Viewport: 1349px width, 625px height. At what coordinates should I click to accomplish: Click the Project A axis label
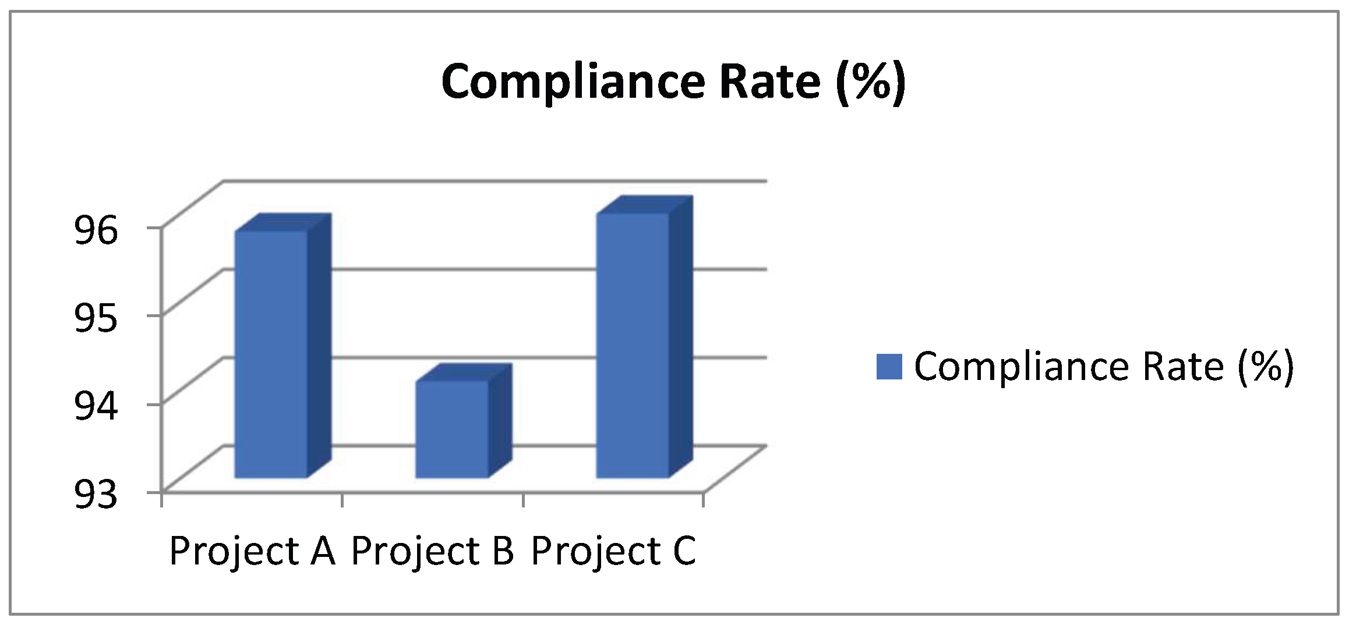(252, 551)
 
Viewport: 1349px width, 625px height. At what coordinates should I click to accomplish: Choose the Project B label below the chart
(433, 551)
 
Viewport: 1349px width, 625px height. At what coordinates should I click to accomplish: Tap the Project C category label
(613, 551)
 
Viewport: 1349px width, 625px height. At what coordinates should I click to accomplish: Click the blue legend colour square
(889, 367)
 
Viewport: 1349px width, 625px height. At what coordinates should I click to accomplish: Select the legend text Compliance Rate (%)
(1103, 367)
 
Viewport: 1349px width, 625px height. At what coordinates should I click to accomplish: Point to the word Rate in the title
(769, 81)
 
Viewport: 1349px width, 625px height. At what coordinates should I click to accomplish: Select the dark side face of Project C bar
(680, 338)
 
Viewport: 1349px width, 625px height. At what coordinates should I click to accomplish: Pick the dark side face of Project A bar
(319, 346)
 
